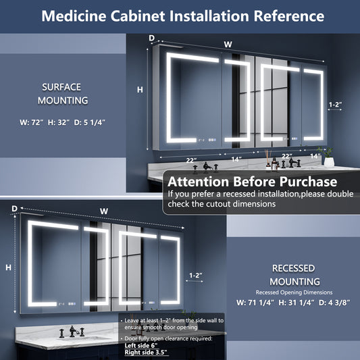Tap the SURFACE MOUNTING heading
(62, 94)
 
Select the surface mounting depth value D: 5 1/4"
(90, 122)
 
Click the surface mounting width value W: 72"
(32, 122)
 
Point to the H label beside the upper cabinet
(140, 90)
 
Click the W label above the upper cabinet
(228, 45)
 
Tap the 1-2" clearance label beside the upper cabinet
(335, 105)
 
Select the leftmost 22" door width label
(191, 160)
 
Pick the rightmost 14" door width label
(315, 156)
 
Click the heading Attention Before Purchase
(253, 182)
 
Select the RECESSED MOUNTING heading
(294, 275)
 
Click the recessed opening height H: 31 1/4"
(297, 303)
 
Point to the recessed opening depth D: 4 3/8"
(334, 303)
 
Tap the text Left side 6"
(141, 346)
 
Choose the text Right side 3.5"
(146, 353)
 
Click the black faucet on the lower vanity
(72, 332)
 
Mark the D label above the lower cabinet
(14, 209)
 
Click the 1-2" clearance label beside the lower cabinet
(196, 275)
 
